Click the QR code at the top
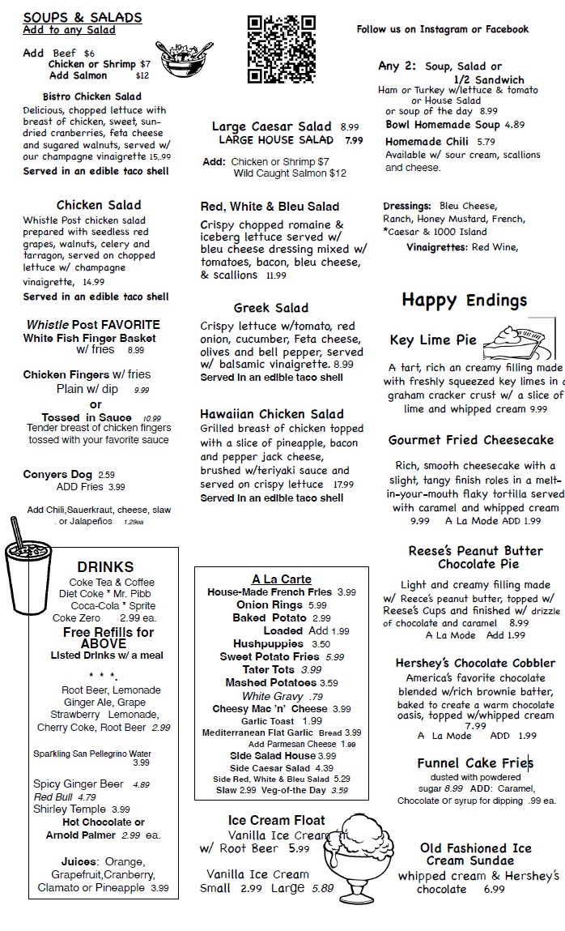[x=281, y=49]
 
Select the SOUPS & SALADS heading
[x=83, y=17]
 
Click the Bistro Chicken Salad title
[x=91, y=96]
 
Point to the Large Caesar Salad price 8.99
[x=350, y=127]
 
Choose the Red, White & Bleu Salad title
[x=270, y=207]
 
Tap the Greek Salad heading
[x=271, y=308]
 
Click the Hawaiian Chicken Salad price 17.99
[x=343, y=485]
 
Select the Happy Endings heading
[x=464, y=301]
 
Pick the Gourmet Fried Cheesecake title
[x=471, y=440]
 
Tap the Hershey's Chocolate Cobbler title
[x=475, y=663]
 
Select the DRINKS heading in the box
[x=105, y=566]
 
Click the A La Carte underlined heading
[x=281, y=579]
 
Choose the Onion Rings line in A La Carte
[x=282, y=605]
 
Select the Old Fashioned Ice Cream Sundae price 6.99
[x=494, y=889]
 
